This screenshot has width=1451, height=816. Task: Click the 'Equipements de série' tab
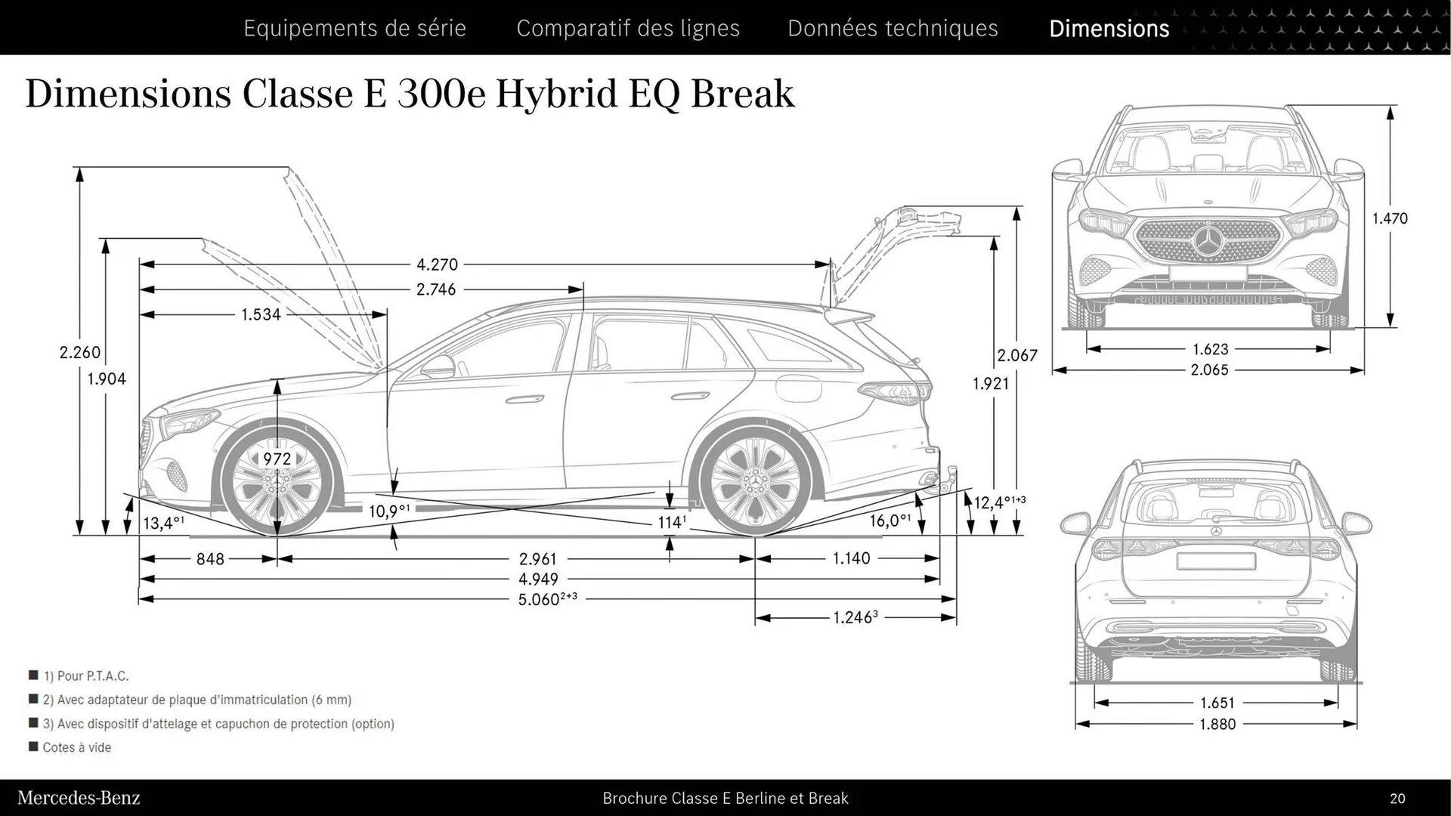354,28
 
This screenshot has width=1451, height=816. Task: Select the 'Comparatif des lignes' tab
628,28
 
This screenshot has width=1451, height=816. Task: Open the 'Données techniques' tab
893,28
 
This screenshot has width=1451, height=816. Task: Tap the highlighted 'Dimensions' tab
1109,28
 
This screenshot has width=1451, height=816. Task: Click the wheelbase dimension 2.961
537,559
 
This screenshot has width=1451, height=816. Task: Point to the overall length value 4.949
538,580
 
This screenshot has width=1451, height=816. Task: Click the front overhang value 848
210,559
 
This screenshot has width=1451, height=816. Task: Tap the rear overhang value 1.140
851,558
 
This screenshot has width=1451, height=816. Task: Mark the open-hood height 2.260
79,352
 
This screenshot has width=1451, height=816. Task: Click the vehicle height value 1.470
1390,218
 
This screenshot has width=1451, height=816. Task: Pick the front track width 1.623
1210,349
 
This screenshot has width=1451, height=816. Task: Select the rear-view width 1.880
1217,724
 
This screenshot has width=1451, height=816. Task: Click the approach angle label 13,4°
163,523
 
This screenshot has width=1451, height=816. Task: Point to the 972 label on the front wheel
277,459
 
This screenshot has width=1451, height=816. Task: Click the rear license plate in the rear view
1215,561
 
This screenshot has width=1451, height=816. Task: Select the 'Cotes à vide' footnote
76,747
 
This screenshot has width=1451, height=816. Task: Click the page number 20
1397,798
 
